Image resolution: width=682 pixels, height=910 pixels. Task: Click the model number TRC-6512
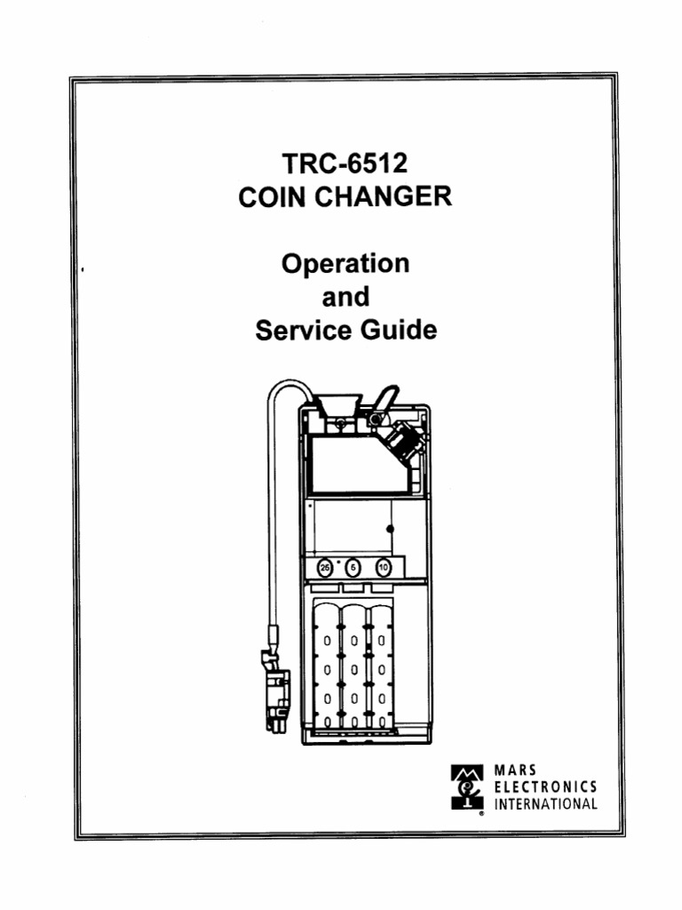point(345,164)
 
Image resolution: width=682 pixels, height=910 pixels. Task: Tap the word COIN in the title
point(272,196)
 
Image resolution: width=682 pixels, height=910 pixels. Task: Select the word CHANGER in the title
point(383,196)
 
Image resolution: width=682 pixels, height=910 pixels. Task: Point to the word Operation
point(345,264)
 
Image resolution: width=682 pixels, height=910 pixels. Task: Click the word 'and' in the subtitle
point(345,297)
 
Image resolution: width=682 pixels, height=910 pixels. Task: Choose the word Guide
point(399,331)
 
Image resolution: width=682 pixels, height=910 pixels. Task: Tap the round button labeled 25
point(325,568)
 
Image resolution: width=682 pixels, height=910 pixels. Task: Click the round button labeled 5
point(353,568)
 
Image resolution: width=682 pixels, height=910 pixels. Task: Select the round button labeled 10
point(384,567)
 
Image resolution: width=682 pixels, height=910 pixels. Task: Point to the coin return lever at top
point(385,399)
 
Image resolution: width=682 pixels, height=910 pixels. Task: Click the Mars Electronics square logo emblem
point(467,787)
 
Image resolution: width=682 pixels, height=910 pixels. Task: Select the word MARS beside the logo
point(515,770)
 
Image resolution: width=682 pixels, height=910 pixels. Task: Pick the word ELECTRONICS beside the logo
point(545,787)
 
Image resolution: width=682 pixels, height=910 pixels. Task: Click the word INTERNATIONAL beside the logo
point(545,803)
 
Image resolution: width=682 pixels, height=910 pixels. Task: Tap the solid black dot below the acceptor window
point(391,529)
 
